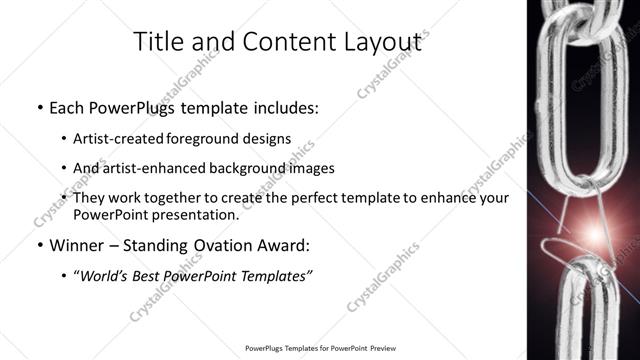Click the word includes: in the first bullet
(x=282, y=106)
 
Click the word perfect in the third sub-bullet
(x=334, y=198)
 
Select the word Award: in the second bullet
(x=285, y=244)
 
